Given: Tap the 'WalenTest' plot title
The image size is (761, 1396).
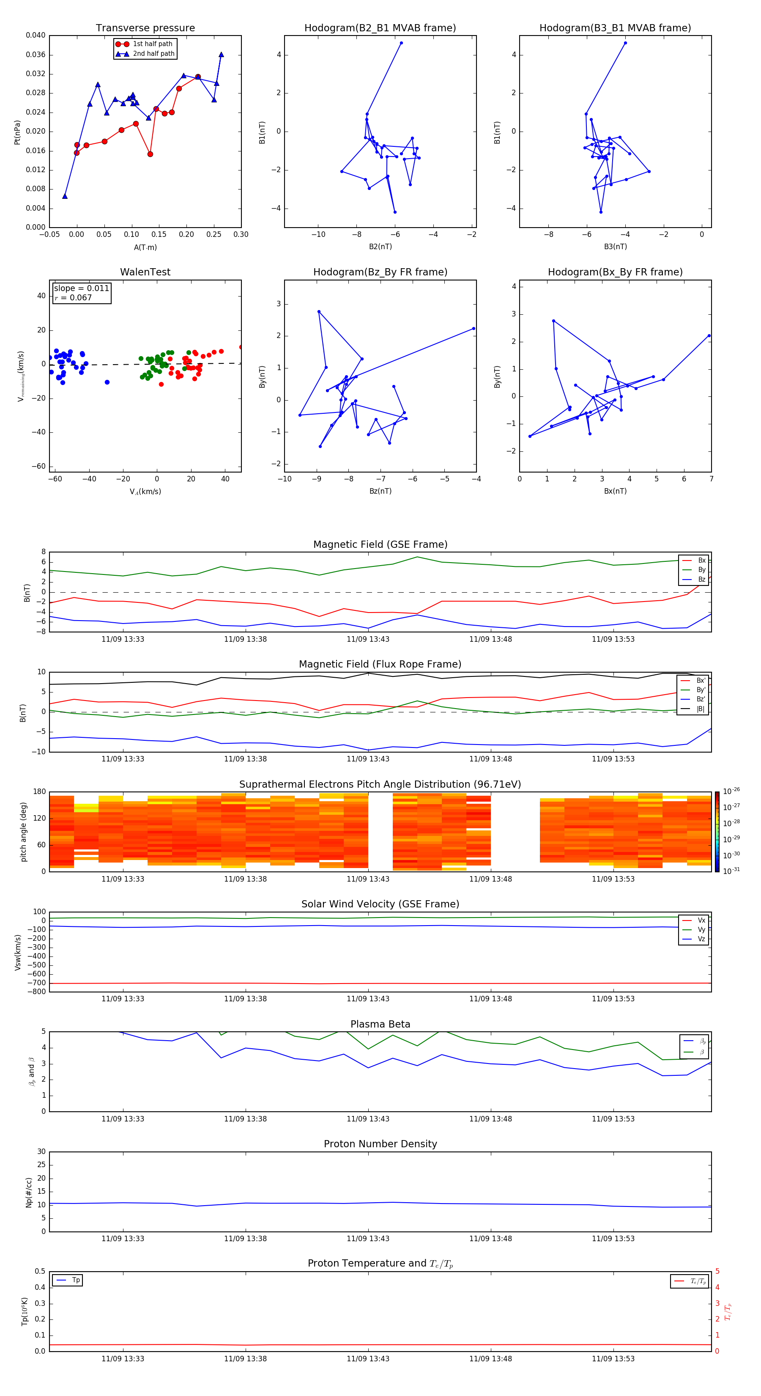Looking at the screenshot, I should (145, 272).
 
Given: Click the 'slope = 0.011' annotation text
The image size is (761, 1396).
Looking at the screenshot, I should (81, 289).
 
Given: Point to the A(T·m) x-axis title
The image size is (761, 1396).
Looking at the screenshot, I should (145, 247).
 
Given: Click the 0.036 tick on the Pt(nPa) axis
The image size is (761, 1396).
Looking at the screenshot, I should (36, 55).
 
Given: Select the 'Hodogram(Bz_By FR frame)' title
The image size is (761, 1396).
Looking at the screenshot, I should (380, 272).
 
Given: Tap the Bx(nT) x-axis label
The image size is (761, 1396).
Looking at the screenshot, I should (615, 491).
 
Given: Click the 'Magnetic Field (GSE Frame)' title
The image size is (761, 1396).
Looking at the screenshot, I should (380, 544).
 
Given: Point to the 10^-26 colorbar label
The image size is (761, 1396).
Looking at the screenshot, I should (731, 791).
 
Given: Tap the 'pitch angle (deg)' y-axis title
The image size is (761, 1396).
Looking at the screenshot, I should (24, 831).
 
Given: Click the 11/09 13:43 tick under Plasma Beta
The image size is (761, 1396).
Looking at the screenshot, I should (368, 1118).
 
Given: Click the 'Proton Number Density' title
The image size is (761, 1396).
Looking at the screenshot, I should (380, 1143).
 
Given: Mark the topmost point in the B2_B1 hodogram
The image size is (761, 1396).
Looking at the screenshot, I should (401, 43).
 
